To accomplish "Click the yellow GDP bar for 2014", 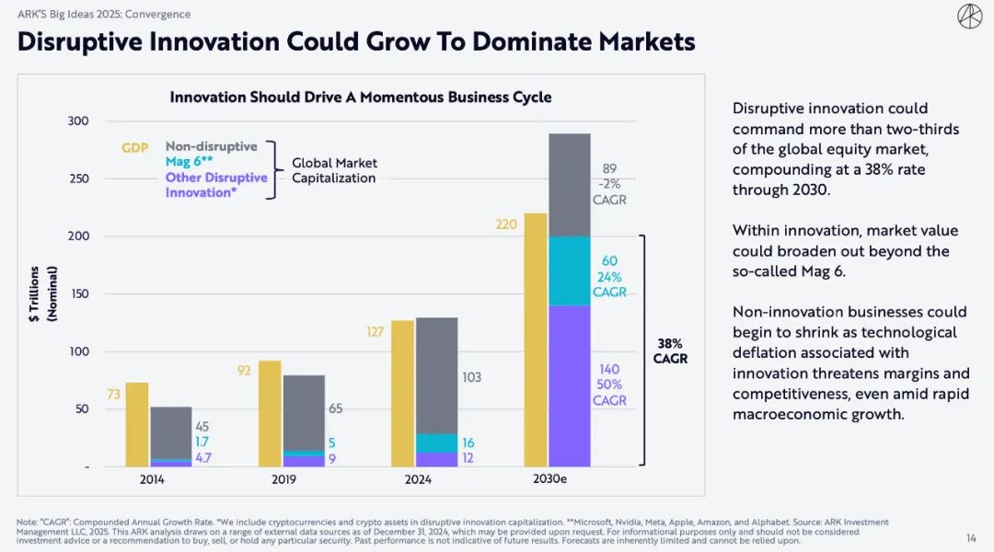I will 137,424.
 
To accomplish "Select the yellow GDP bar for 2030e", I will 536,340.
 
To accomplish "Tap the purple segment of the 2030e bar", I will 570,386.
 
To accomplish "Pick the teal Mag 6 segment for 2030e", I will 570,271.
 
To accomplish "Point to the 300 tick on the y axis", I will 78,121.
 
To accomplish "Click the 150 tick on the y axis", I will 78,294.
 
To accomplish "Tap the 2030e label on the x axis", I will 550,479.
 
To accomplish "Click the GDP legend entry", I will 135,147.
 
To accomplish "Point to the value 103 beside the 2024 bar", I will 470,377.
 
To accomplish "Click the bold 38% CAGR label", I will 671,351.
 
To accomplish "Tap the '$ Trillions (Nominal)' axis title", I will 42,293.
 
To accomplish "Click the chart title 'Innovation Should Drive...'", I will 360,98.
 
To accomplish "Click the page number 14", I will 971,538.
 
